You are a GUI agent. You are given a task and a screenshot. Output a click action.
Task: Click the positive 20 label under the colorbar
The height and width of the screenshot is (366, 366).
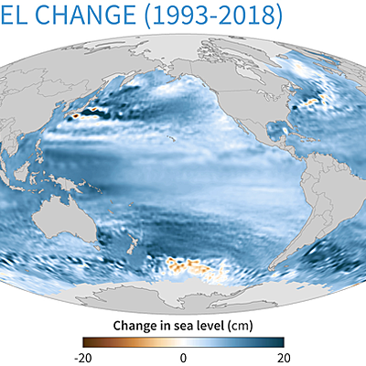(x=284, y=358)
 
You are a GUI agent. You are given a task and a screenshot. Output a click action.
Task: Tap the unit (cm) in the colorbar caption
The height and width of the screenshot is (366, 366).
(x=241, y=325)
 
